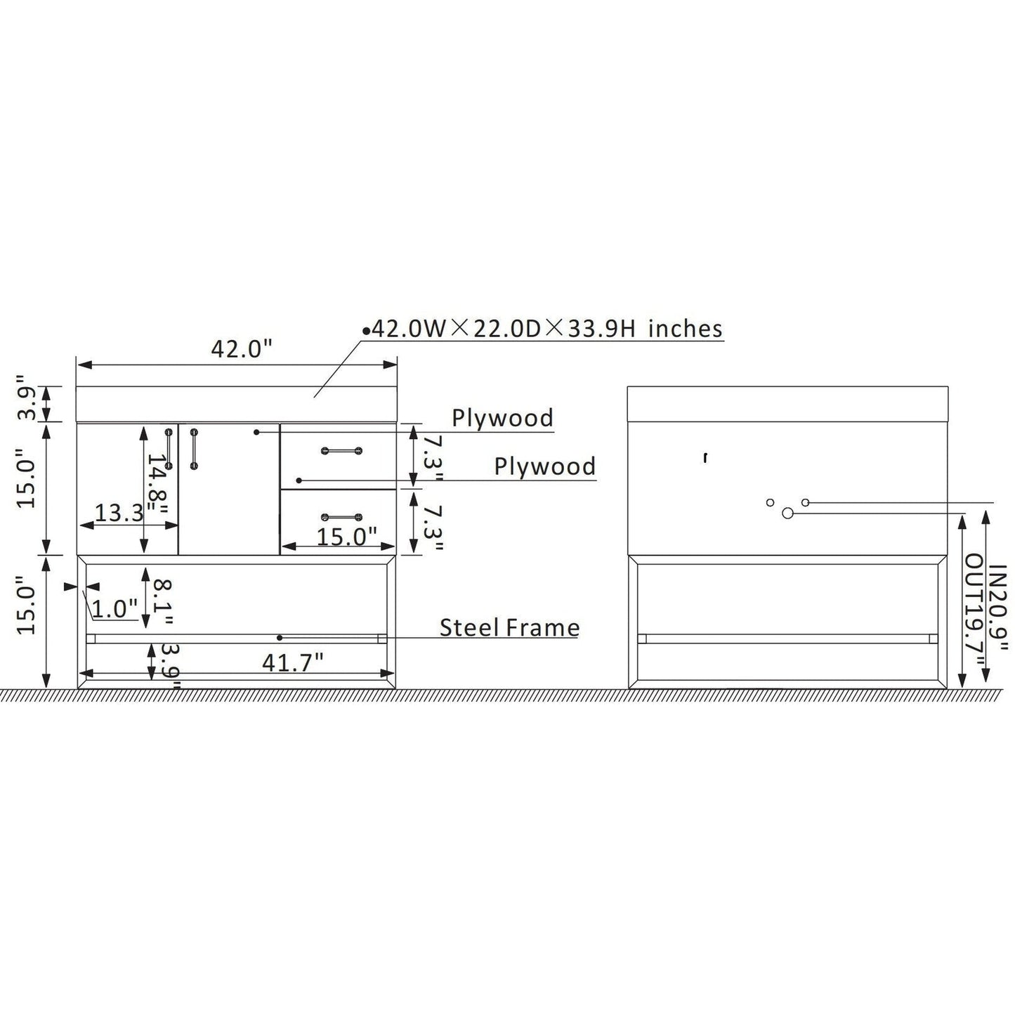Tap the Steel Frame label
point(509,628)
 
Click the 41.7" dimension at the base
point(293,662)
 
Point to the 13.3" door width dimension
point(119,512)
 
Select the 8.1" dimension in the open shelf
point(163,601)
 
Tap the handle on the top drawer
point(342,450)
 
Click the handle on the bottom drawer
point(342,517)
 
